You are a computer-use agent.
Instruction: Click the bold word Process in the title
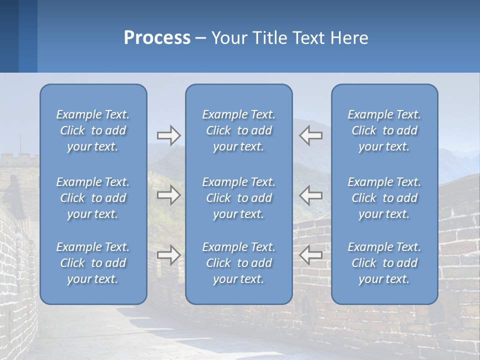tap(157, 38)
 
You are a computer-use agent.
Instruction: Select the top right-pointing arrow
tap(168, 135)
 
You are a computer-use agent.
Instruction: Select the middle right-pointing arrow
tap(168, 195)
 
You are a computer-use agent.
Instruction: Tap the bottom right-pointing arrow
tap(168, 255)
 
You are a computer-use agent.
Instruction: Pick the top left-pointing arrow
tap(311, 135)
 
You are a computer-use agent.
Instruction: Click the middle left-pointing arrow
tap(311, 195)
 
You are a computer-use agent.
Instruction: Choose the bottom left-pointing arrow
tap(311, 255)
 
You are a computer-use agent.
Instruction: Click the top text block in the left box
tap(93, 130)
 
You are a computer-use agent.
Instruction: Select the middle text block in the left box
tap(93, 198)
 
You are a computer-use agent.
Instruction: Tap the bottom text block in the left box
tap(93, 263)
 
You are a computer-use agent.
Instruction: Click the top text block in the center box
tap(239, 130)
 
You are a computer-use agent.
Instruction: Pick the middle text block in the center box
tap(239, 198)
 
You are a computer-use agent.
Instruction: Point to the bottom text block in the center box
tap(239, 263)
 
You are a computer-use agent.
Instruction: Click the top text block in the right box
tap(384, 130)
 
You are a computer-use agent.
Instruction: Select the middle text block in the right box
tap(384, 198)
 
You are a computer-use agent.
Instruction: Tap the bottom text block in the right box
tap(384, 263)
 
